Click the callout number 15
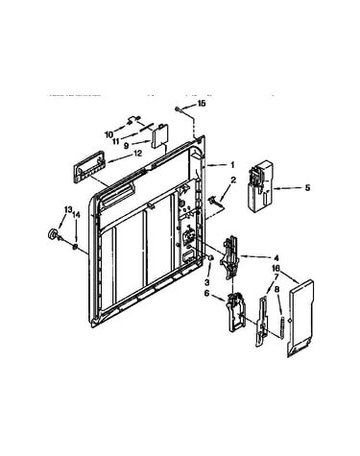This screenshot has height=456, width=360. (202, 104)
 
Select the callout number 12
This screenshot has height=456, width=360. (137, 154)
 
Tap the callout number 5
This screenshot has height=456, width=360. (307, 187)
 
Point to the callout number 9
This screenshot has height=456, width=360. (127, 146)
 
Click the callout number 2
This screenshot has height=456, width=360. (233, 180)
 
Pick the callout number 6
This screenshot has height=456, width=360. (206, 293)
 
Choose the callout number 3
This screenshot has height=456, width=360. (206, 282)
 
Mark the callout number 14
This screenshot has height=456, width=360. (76, 215)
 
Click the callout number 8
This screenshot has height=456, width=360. (276, 289)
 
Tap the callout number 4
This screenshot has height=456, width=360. (276, 258)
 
